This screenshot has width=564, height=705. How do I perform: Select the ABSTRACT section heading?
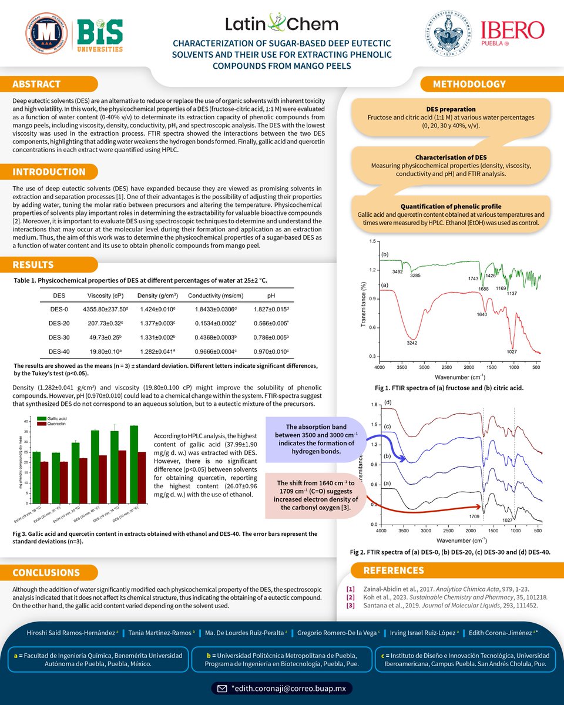point(36,85)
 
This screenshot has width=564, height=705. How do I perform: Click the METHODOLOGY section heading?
point(461,85)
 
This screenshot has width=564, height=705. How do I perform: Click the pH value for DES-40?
point(270,351)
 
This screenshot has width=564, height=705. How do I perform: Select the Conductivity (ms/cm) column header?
point(214,296)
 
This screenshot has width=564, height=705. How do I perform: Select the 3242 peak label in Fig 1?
point(412,343)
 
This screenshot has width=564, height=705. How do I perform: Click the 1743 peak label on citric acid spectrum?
point(473,278)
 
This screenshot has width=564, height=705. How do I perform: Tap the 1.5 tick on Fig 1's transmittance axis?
point(371,242)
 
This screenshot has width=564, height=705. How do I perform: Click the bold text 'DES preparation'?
point(451,109)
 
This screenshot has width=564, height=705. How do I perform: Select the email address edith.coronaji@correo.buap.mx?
point(287,687)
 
